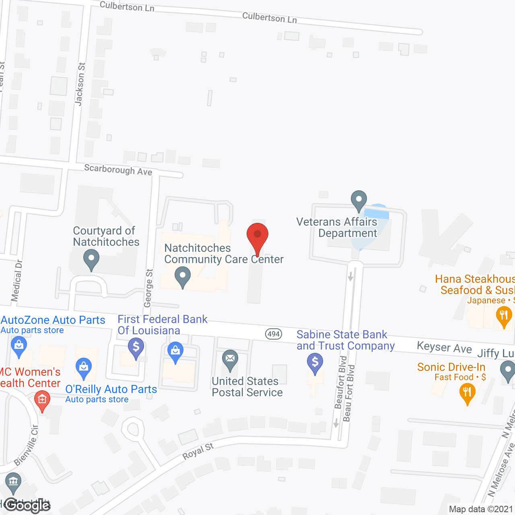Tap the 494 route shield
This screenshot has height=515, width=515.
point(274,334)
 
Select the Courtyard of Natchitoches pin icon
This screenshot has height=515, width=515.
point(91,260)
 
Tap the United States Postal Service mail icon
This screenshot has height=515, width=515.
point(230,360)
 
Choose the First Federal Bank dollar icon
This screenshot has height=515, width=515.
point(136,347)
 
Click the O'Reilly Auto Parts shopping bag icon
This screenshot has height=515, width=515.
point(84,368)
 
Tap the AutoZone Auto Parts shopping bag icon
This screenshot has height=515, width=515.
point(19,346)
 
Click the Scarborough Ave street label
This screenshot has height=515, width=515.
point(118,170)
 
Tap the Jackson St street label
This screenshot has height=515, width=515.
point(80,84)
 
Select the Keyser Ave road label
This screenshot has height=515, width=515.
point(444,347)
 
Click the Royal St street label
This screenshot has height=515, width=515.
point(198,451)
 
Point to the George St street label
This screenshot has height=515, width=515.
point(149,288)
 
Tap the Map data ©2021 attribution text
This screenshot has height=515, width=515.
point(481,509)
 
